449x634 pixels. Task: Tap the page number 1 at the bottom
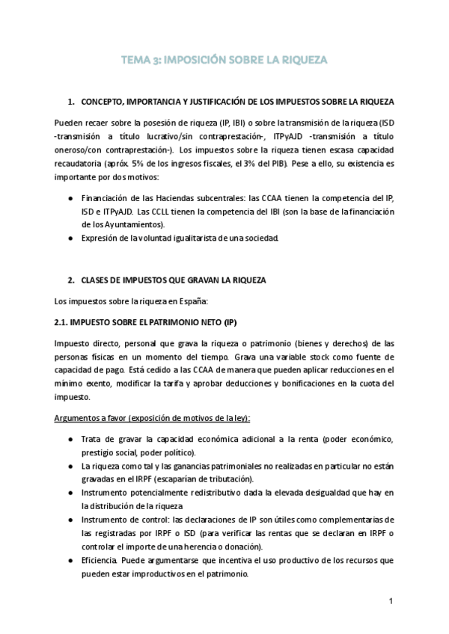391,600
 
